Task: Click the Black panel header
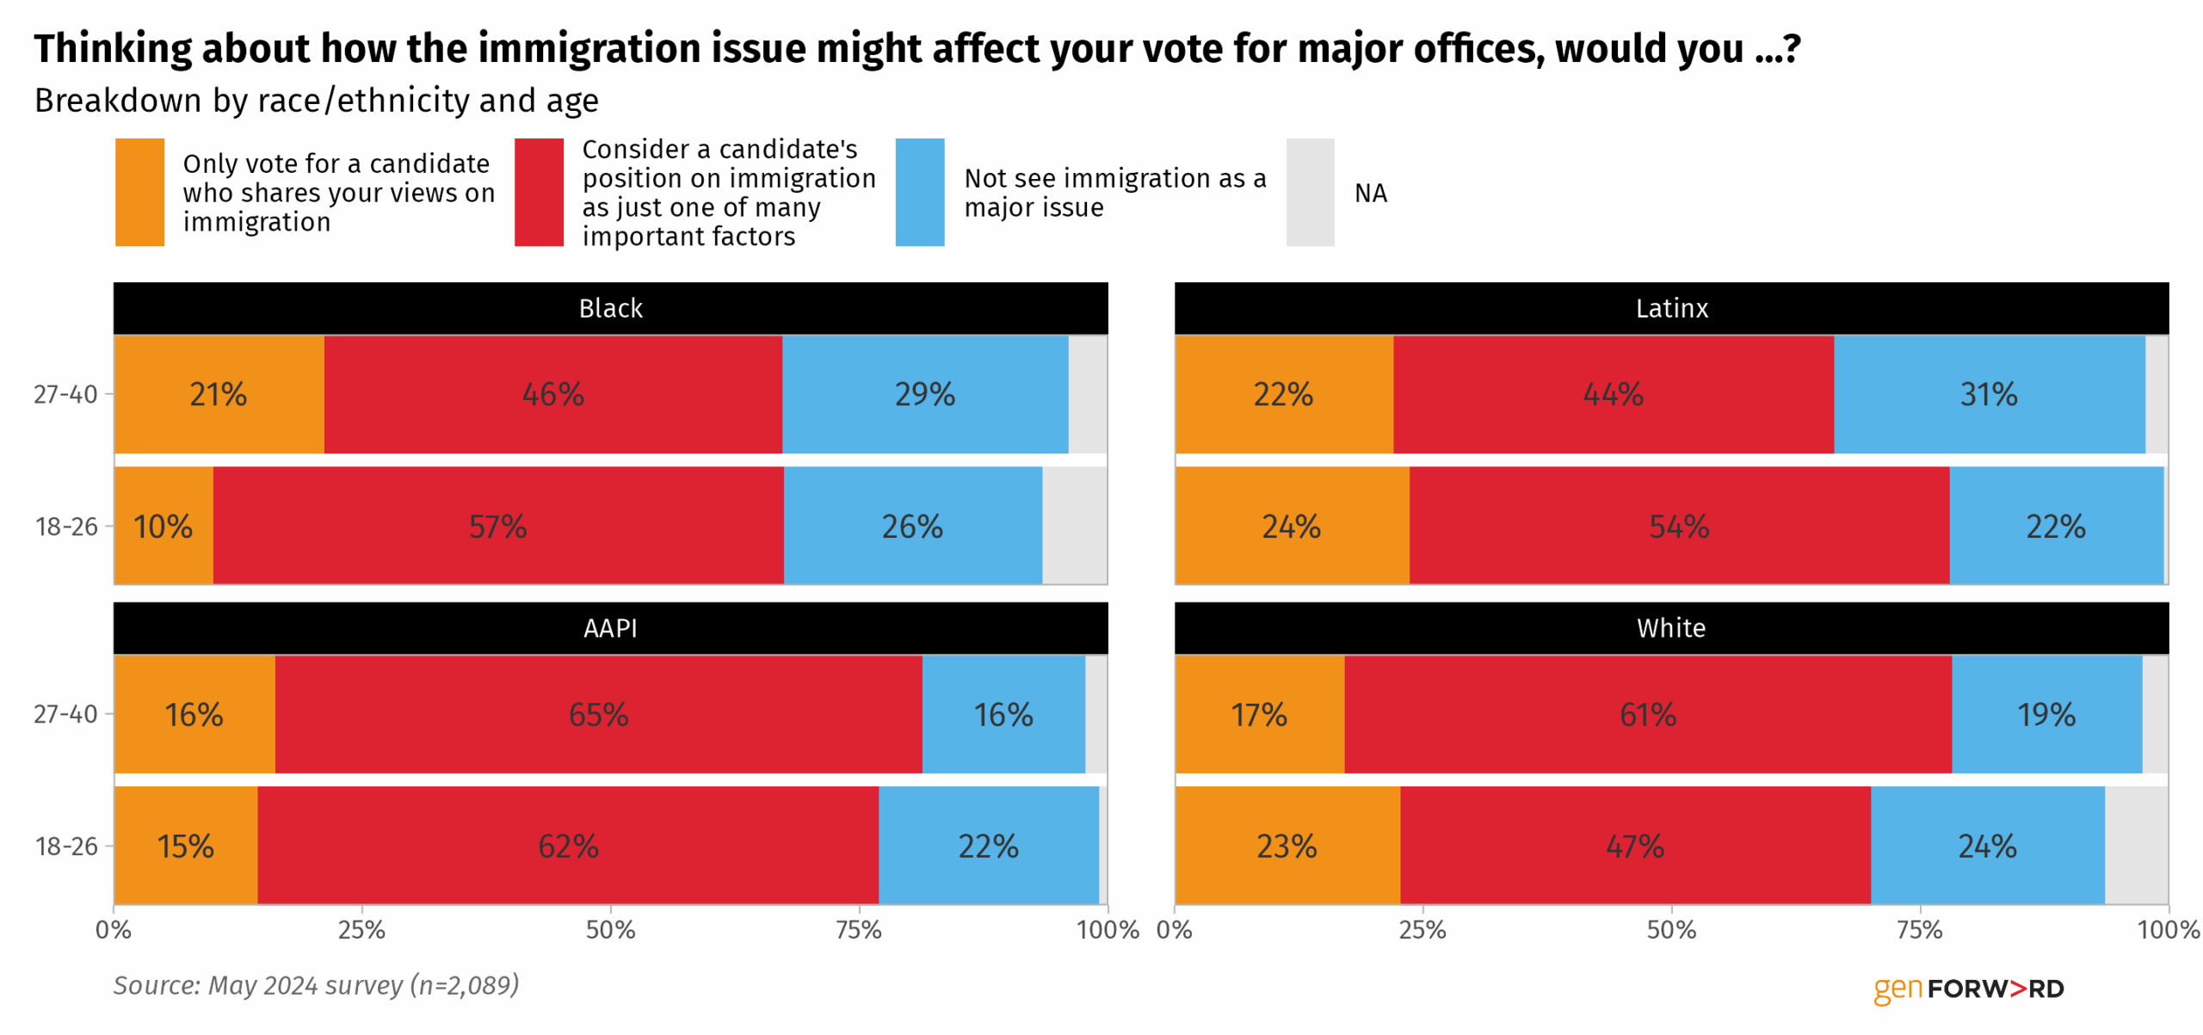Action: (610, 308)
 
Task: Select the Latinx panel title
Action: (1670, 308)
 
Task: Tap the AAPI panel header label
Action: (610, 628)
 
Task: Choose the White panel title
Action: (1670, 628)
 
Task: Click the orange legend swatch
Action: (139, 192)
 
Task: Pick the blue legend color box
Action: (919, 192)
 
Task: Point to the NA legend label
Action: (1370, 193)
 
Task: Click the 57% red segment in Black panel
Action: (497, 526)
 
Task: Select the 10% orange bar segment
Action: (163, 526)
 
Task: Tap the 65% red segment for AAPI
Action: (598, 714)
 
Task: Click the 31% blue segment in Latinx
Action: (1988, 394)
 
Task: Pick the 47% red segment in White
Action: (1634, 846)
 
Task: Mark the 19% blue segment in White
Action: (2046, 714)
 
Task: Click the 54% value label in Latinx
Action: (1678, 526)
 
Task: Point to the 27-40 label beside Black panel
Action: (65, 394)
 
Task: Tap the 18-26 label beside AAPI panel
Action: (66, 846)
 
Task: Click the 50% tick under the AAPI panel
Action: (610, 930)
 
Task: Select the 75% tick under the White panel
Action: (1920, 930)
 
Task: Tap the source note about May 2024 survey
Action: (316, 985)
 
